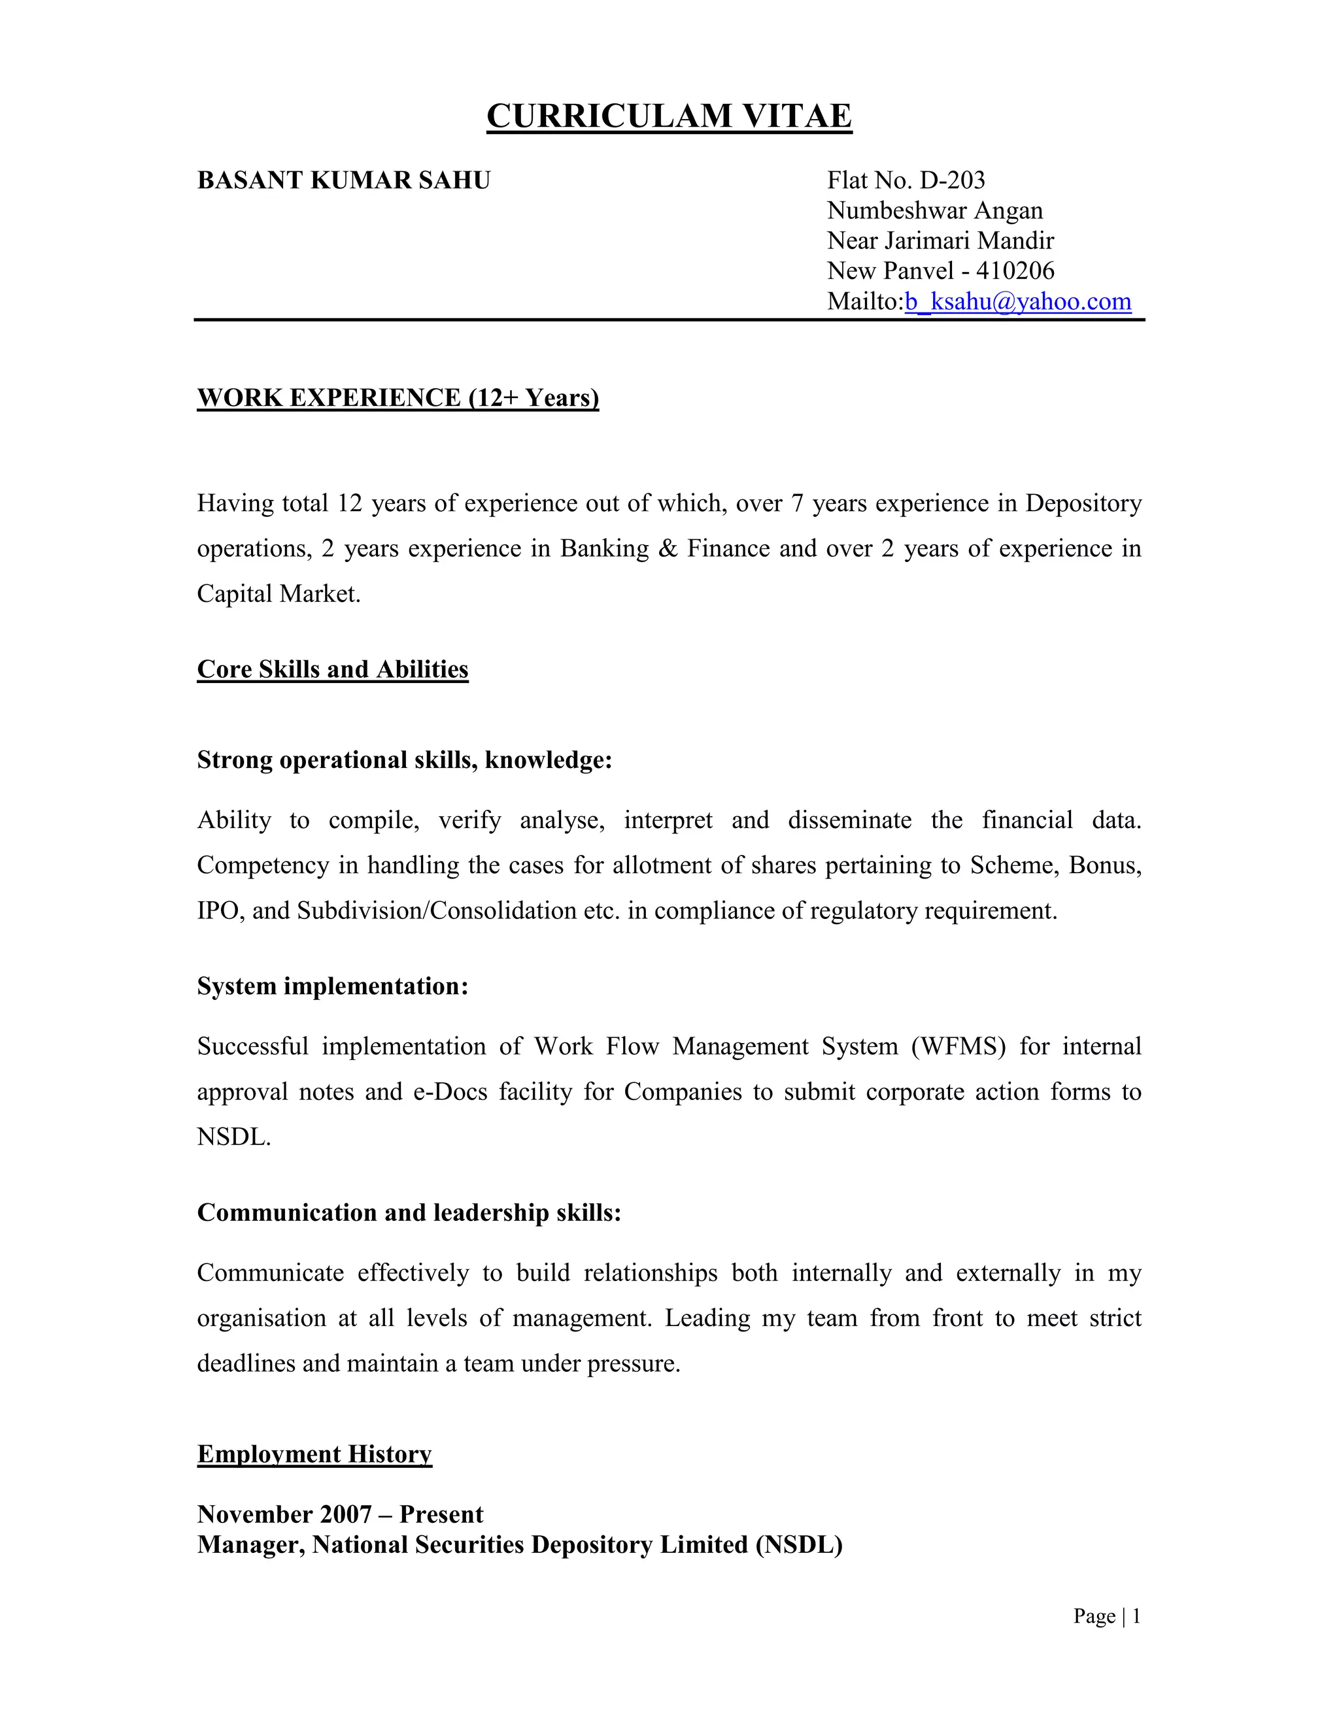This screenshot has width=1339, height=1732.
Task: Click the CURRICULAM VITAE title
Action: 669,116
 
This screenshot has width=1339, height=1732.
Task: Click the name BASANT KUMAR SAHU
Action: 343,181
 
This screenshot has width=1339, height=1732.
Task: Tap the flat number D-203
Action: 952,181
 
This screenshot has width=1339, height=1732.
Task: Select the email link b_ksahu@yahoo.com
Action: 1018,301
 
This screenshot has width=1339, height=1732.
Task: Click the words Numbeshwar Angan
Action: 934,211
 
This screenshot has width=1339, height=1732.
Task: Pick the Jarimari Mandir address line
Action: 940,241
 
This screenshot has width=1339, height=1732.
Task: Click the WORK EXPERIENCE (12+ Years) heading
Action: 398,397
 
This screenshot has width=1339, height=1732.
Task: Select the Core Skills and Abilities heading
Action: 332,669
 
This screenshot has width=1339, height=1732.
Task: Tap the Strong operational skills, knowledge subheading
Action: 405,759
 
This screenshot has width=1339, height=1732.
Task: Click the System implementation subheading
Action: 332,986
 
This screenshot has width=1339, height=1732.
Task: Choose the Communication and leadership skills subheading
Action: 409,1212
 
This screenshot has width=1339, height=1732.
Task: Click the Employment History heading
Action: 314,1454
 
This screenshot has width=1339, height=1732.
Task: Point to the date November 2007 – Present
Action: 339,1514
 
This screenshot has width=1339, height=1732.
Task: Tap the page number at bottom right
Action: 1136,1616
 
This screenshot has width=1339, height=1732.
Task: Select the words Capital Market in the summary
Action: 278,594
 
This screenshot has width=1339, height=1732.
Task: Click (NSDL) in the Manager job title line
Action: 799,1545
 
